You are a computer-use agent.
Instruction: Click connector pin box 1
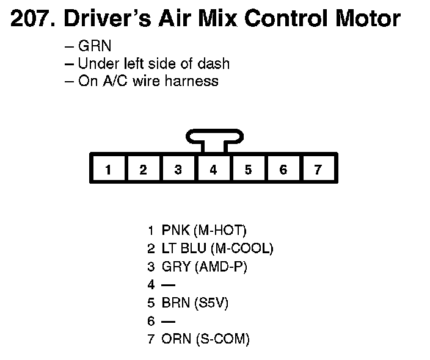[x=107, y=170]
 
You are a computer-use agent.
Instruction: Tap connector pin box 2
[x=143, y=170]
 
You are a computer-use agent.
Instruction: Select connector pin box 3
[x=178, y=170]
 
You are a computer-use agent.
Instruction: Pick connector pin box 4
[x=213, y=170]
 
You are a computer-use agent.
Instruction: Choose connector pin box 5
[x=248, y=170]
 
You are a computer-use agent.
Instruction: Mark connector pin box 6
[x=283, y=170]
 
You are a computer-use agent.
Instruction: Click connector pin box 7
[x=318, y=170]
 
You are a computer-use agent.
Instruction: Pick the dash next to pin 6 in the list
[x=167, y=322]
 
